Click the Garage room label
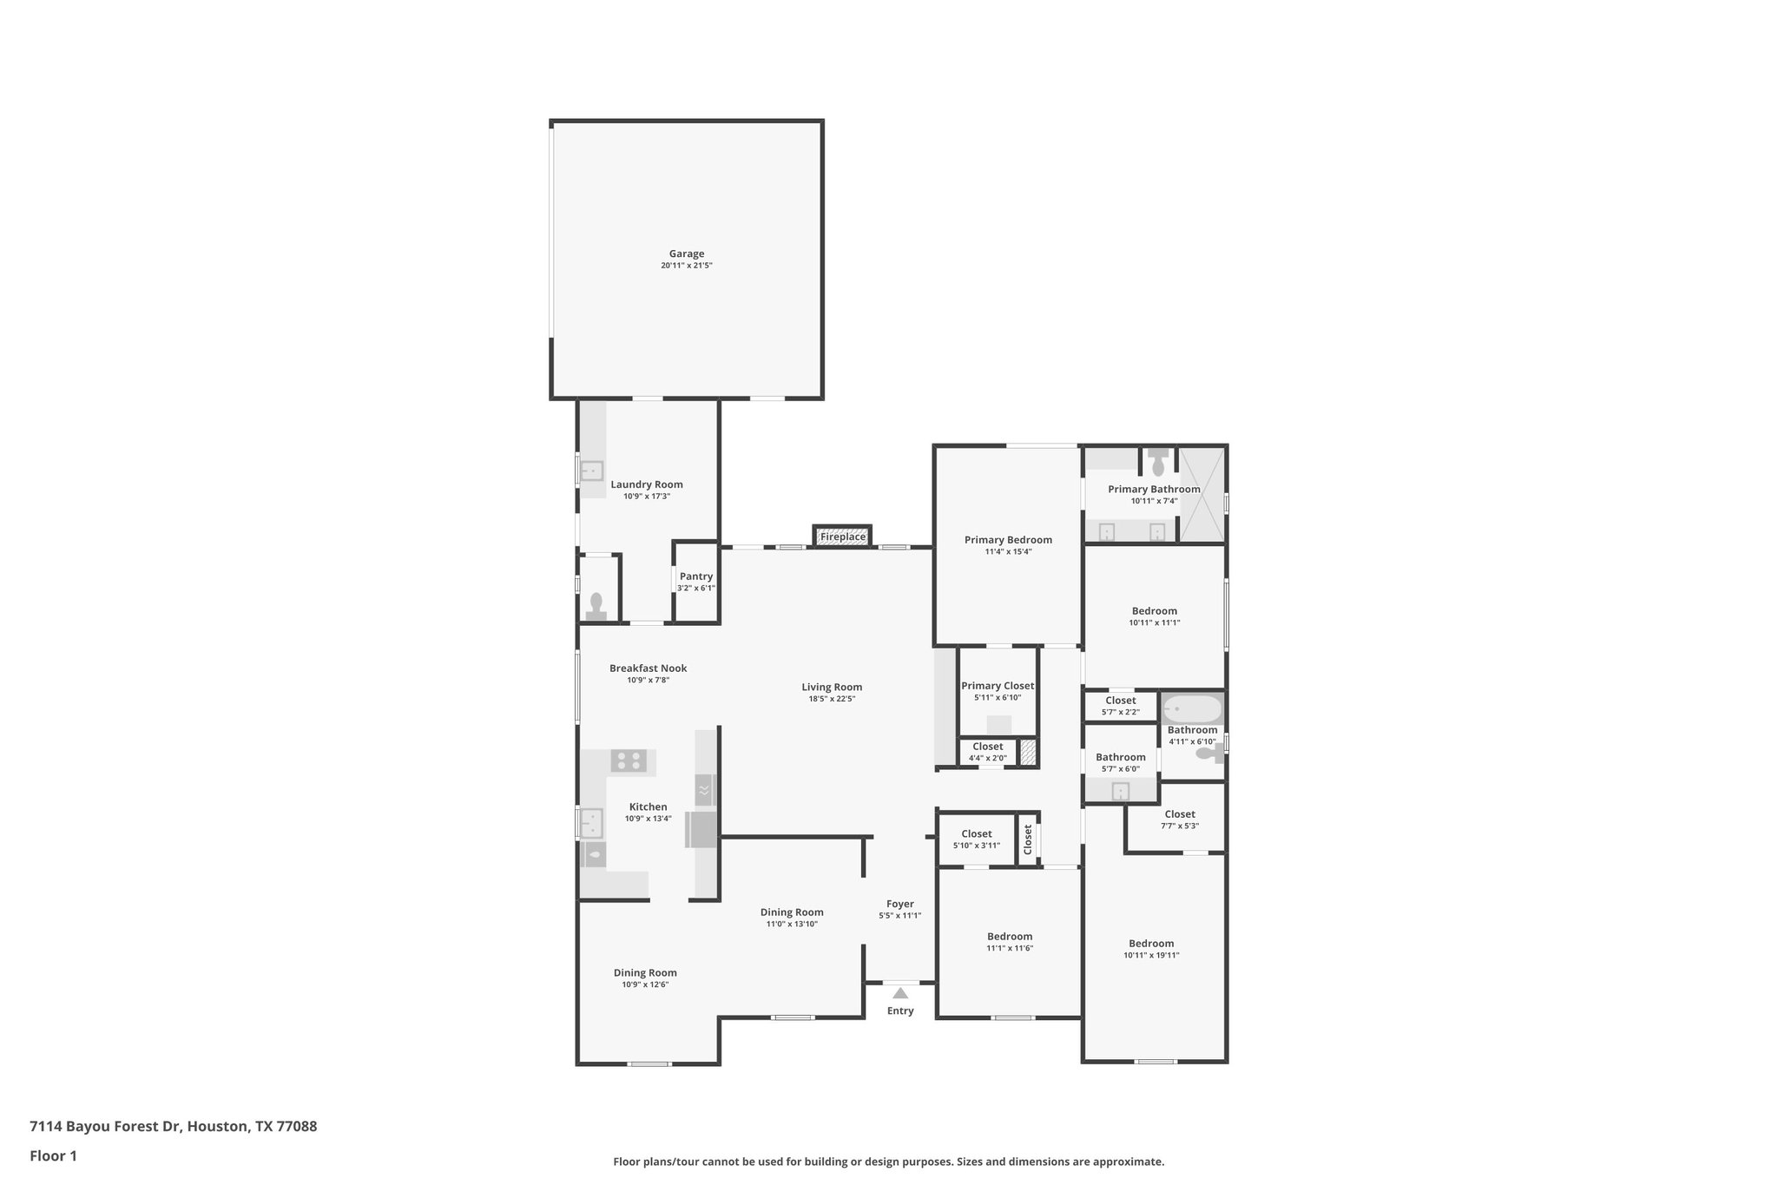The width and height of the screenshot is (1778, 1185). (x=686, y=254)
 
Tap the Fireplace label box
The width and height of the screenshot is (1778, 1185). (x=842, y=537)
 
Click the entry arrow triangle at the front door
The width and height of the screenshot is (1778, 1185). (x=900, y=993)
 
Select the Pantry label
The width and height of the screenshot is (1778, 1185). (x=695, y=576)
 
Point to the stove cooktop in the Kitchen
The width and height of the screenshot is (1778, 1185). (x=629, y=761)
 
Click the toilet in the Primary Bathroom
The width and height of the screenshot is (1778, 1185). (x=1158, y=462)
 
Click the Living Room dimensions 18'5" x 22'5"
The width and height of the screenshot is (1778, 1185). (x=831, y=699)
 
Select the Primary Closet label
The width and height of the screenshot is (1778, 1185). (x=998, y=686)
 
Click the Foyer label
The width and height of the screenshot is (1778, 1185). (x=899, y=904)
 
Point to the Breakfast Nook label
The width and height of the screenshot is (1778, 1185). (x=648, y=668)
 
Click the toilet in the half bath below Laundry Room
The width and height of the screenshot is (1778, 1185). (x=596, y=605)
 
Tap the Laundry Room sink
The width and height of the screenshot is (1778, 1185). (x=591, y=471)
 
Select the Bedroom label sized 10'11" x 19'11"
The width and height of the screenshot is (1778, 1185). (x=1151, y=944)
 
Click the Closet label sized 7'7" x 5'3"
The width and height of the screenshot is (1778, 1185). (x=1179, y=814)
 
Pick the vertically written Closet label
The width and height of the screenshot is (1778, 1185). (x=1027, y=839)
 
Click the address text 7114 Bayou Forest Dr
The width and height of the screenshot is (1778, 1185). (x=174, y=1127)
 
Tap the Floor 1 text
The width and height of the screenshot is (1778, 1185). (x=54, y=1156)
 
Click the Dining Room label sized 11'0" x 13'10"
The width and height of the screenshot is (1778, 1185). (x=791, y=912)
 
